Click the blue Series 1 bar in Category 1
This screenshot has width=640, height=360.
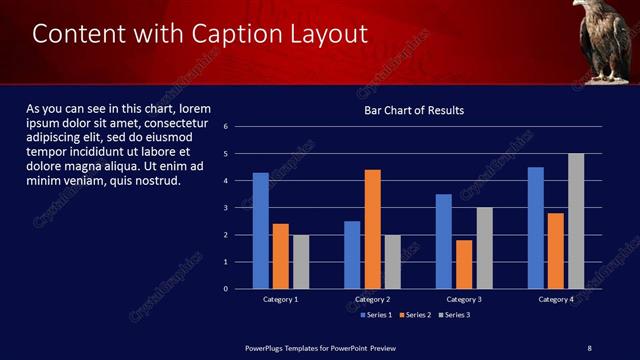click(x=260, y=231)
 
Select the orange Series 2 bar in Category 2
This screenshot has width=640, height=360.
click(x=372, y=229)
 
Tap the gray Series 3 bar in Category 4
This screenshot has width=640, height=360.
click(x=576, y=221)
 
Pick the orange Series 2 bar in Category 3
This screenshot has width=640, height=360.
click(x=464, y=264)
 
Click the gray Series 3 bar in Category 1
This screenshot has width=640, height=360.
click(x=300, y=262)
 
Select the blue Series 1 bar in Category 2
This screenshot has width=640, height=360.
click(x=352, y=255)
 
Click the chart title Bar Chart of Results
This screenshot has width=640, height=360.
click(x=413, y=110)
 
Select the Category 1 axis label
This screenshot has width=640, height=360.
click(x=280, y=299)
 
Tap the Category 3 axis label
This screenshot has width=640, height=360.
click(x=464, y=299)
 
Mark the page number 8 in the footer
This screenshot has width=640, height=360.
click(x=589, y=347)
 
